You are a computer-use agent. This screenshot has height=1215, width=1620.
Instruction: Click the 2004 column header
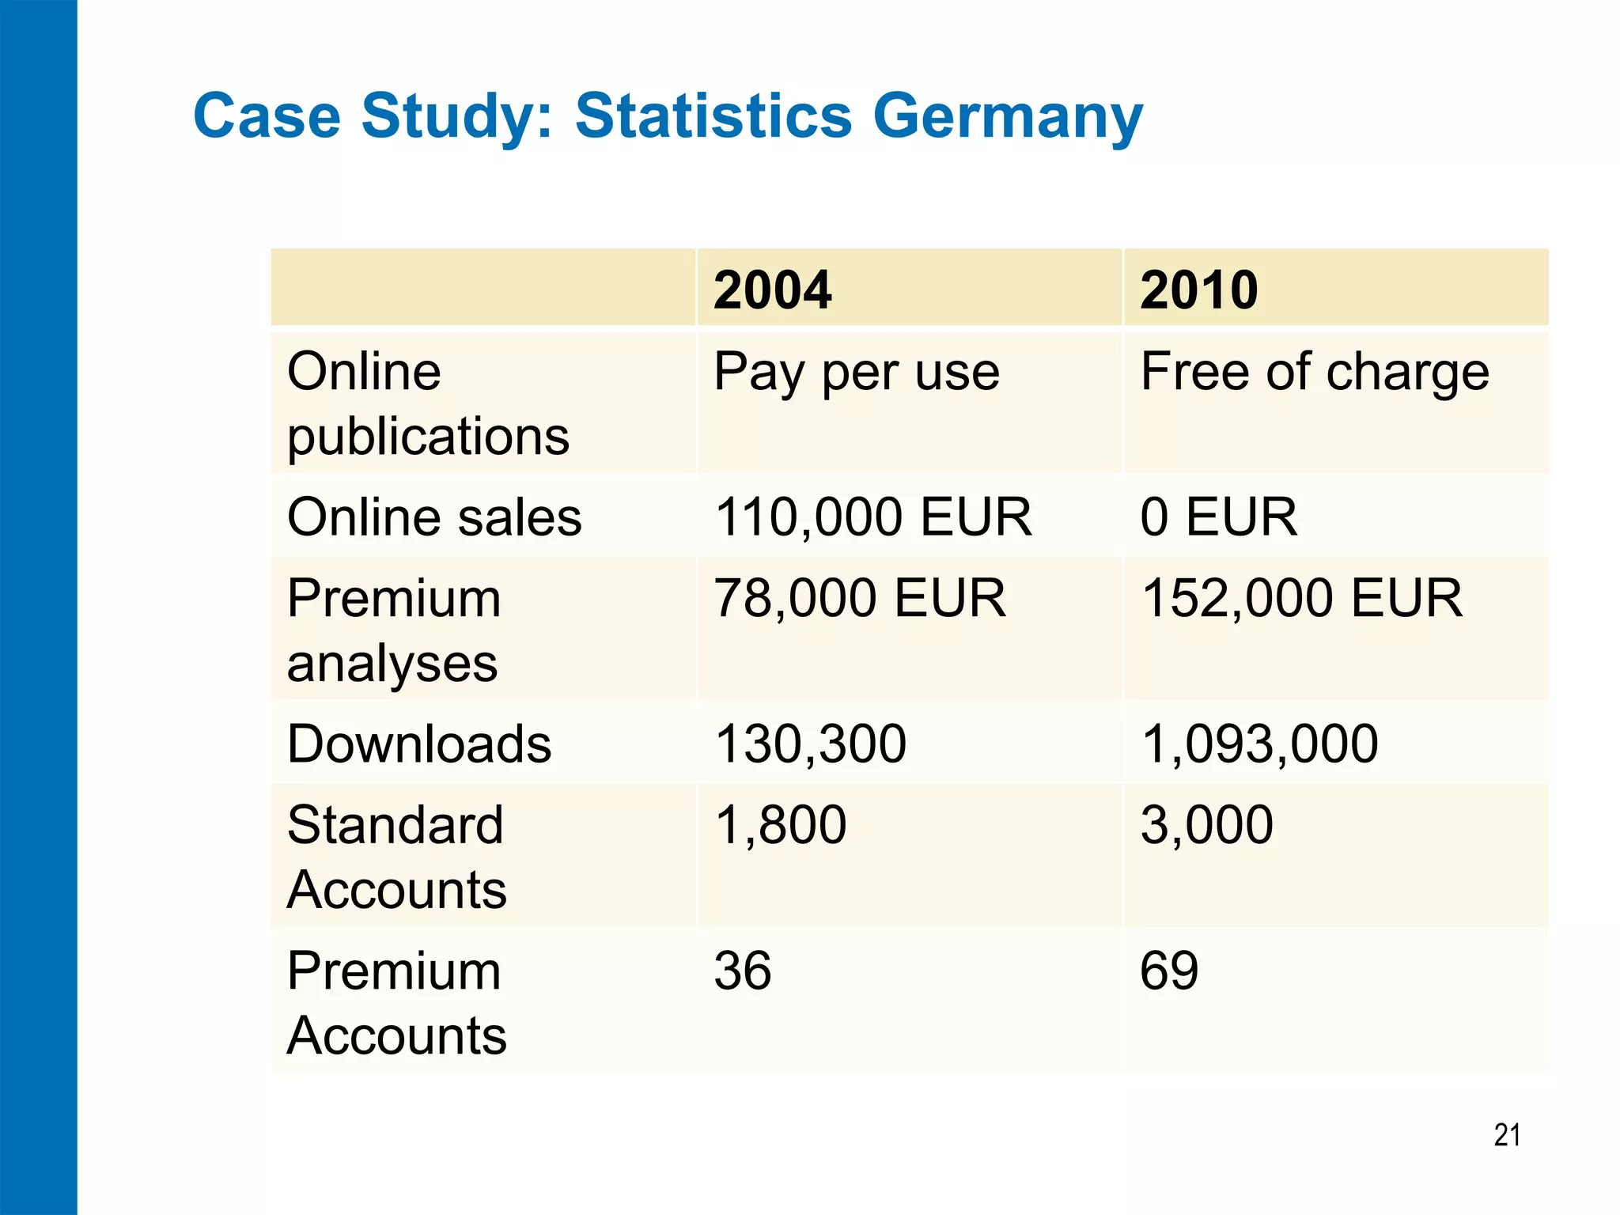pos(772,290)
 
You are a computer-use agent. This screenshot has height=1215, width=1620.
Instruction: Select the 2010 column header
pos(1198,290)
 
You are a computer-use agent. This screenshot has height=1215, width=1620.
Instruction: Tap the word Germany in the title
pos(1008,117)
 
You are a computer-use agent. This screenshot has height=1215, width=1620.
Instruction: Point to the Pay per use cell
pos(856,372)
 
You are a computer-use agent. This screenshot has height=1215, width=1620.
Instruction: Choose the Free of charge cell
pos(1314,372)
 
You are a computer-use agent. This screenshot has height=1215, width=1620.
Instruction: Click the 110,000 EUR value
pos(872,517)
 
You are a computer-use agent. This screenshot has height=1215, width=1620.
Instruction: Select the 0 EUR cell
pos(1218,517)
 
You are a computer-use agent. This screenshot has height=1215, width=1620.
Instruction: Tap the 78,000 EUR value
pos(859,598)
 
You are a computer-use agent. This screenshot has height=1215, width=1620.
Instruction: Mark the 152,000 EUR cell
pos(1301,598)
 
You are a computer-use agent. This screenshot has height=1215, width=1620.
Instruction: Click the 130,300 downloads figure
pos(810,744)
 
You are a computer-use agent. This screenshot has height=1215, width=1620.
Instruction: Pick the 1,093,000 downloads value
pos(1259,744)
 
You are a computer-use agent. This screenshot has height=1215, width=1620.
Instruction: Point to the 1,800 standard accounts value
pos(780,825)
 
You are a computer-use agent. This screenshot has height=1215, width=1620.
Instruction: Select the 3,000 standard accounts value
pos(1206,825)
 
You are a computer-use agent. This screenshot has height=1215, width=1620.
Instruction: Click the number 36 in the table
pos(742,971)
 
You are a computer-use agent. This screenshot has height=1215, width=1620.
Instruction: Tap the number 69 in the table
pos(1169,971)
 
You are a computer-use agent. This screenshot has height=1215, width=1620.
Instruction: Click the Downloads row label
pos(419,744)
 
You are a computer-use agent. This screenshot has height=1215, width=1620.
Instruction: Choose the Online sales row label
pos(434,517)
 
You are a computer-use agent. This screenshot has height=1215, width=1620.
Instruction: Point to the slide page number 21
pos(1507,1135)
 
